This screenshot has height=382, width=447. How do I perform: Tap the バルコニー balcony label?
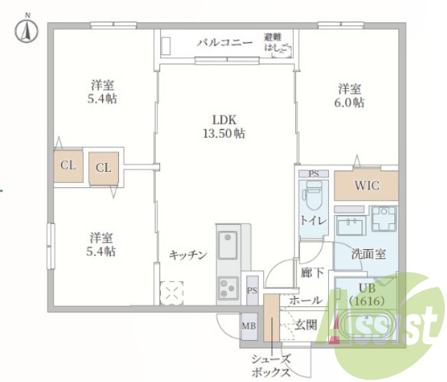pyautogui.click(x=224, y=43)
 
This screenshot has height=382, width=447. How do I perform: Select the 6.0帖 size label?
pyautogui.click(x=350, y=103)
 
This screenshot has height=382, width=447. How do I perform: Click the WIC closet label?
pyautogui.click(x=366, y=186)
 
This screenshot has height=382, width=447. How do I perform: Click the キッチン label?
pyautogui.click(x=188, y=255)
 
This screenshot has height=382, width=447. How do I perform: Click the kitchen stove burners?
pyautogui.click(x=229, y=287)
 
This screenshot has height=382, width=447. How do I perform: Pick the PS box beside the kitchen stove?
pyautogui.click(x=253, y=290)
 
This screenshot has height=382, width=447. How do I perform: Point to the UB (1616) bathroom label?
pyautogui.click(x=368, y=294)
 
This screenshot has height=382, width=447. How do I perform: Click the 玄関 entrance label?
pyautogui.click(x=306, y=324)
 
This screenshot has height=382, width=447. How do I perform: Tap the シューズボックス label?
pyautogui.click(x=271, y=365)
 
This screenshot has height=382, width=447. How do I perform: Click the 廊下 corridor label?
pyautogui.click(x=311, y=274)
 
